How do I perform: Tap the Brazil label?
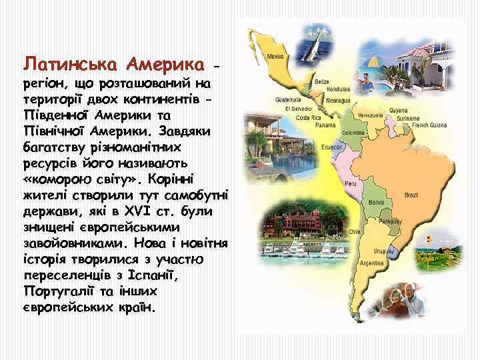[411, 195]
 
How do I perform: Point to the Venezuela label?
[371, 115]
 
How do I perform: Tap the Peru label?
[349, 183]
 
